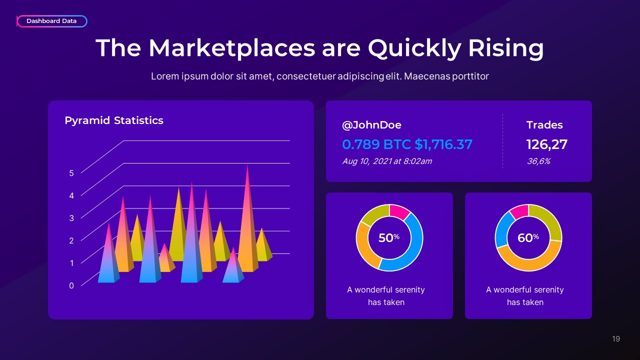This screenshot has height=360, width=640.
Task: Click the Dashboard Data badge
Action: tap(51, 21)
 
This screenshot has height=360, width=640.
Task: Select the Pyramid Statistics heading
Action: tap(114, 120)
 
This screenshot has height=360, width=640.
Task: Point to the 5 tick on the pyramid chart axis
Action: tap(71, 173)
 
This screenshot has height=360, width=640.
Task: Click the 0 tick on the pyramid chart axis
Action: tap(71, 285)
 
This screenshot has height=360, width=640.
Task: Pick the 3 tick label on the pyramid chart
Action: tap(71, 218)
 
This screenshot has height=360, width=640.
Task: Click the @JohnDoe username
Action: tap(371, 125)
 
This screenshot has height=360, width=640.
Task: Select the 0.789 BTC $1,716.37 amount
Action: tap(407, 144)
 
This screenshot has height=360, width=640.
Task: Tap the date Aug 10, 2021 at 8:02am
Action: tap(387, 161)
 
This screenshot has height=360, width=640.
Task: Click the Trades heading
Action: tap(544, 125)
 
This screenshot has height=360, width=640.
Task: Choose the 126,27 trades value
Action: tap(547, 144)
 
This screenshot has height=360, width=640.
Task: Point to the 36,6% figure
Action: tap(538, 161)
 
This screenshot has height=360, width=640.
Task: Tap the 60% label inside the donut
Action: tap(528, 238)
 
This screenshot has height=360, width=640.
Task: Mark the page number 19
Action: tap(616, 339)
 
